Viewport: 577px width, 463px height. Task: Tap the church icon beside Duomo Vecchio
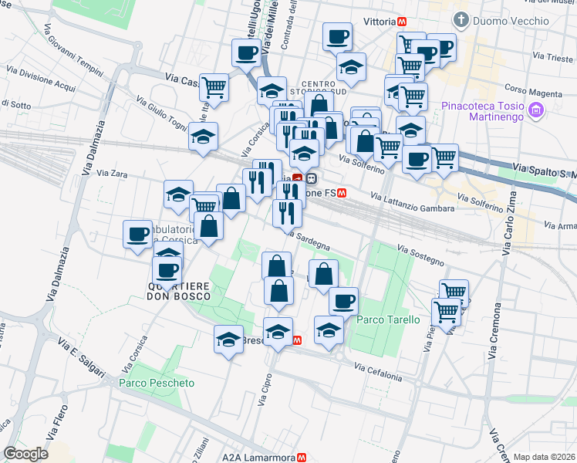pos(461,19)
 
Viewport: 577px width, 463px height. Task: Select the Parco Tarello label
pos(389,319)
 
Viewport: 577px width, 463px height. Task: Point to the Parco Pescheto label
pos(157,383)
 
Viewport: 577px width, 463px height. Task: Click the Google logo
pos(26,454)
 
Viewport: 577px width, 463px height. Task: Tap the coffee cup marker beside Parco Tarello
pos(343,299)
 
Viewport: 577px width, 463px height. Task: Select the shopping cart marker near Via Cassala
pos(214,86)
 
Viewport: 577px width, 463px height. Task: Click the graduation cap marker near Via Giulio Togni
pos(204,137)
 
